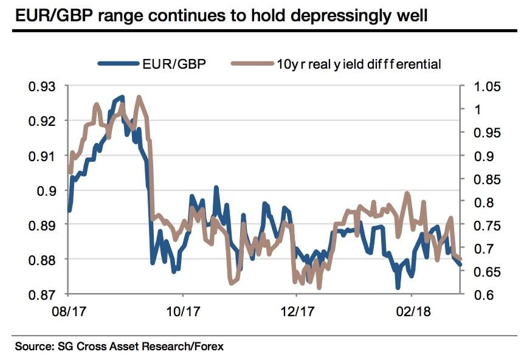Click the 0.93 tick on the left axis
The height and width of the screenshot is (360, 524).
pos(48,86)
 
